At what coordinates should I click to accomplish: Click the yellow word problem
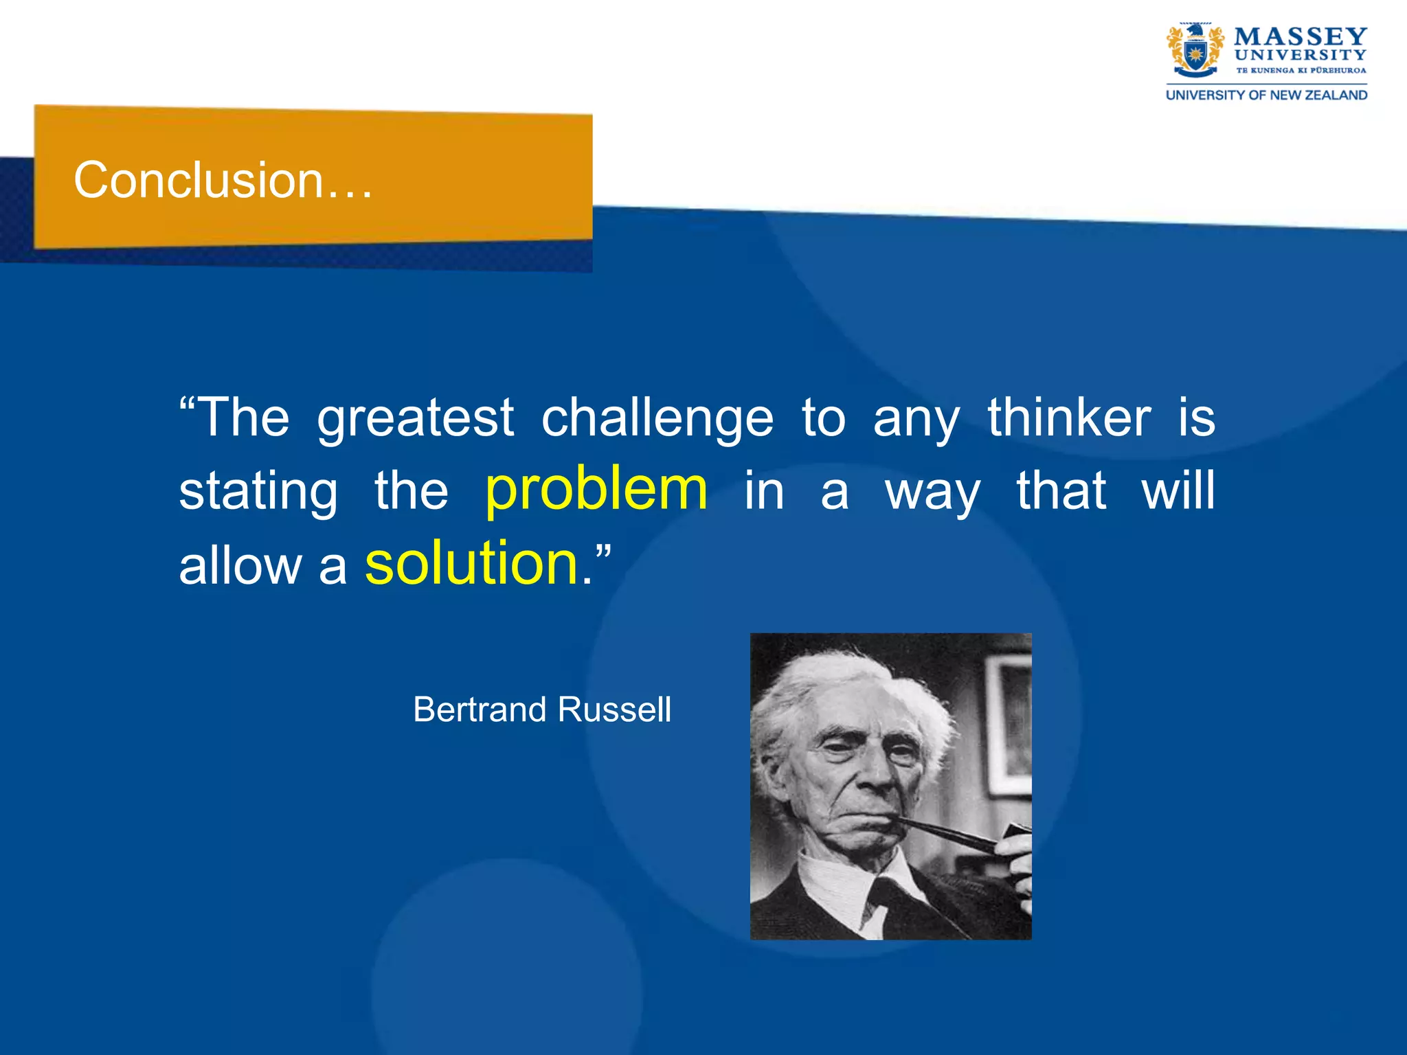(x=596, y=489)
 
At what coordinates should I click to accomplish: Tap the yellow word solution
(x=472, y=563)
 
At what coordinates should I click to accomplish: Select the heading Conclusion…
(x=223, y=180)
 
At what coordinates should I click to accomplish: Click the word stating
(x=258, y=492)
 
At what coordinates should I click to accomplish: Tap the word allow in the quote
(x=240, y=566)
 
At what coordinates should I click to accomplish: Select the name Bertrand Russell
(x=541, y=710)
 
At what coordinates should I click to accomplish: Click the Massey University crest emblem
(x=1195, y=51)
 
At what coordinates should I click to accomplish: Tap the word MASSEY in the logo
(x=1300, y=36)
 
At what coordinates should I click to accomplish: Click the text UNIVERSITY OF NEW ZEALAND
(x=1266, y=95)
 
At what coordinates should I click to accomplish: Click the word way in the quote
(x=932, y=492)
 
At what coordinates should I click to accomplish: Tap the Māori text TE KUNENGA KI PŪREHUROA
(x=1301, y=70)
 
